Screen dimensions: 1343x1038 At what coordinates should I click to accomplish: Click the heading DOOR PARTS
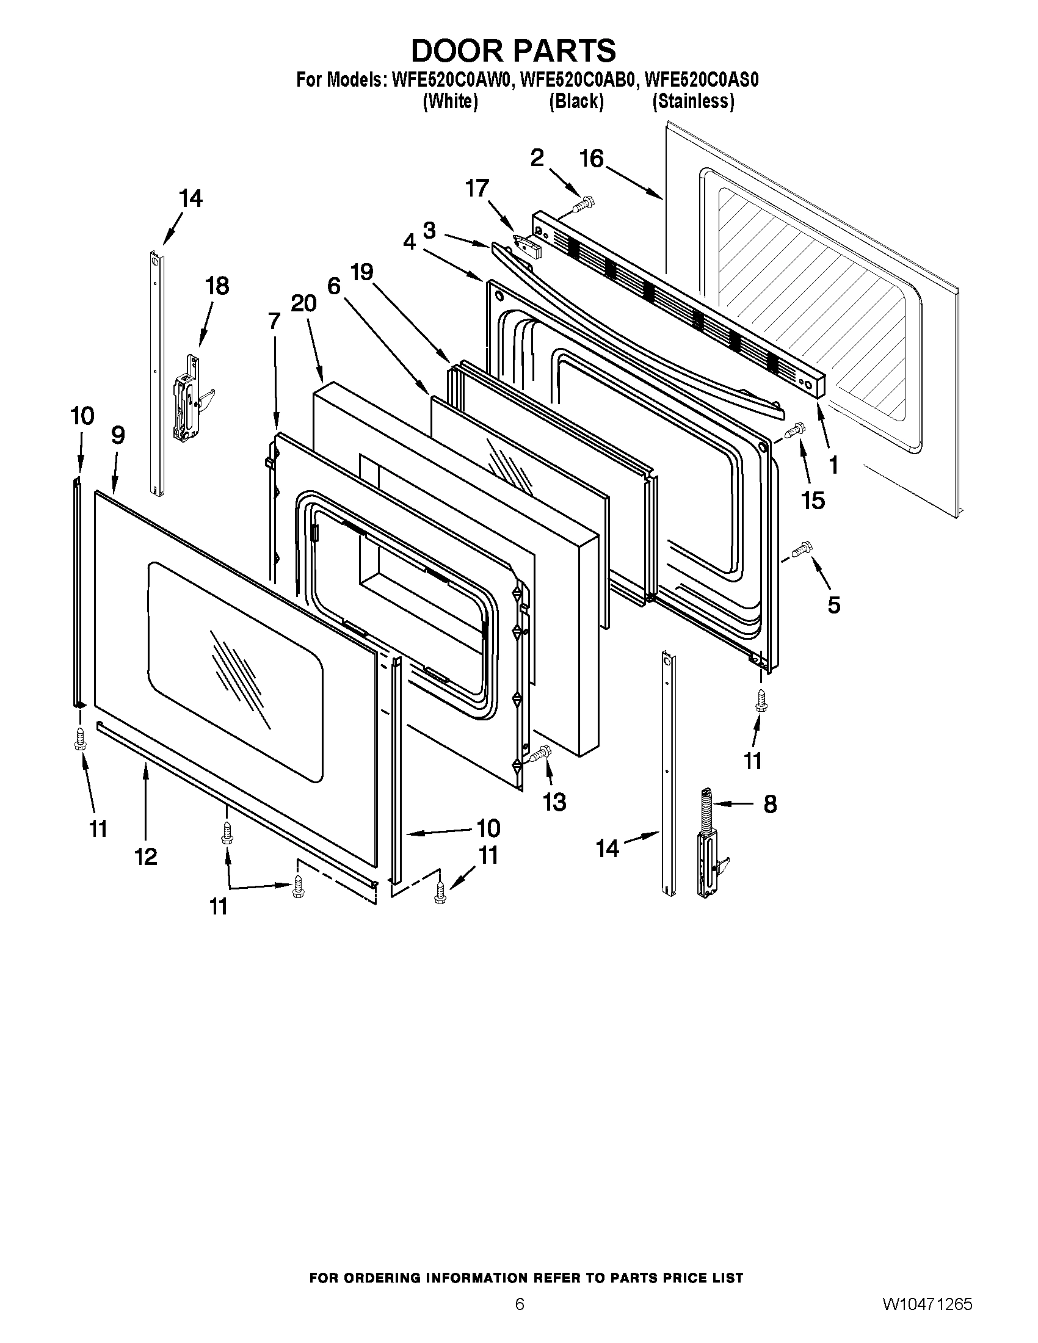point(513,51)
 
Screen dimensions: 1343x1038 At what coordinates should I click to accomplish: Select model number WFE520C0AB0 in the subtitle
point(576,80)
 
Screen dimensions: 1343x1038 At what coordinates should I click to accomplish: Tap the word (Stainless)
point(693,101)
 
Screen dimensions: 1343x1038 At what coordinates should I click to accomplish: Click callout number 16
point(592,159)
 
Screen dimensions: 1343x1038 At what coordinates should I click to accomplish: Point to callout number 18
point(217,285)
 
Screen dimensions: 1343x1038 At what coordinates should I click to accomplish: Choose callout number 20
point(303,303)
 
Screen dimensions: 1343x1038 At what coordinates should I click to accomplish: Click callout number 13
point(554,802)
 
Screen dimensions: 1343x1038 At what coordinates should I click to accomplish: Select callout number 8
point(770,804)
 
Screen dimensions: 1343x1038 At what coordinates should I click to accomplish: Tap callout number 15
point(813,501)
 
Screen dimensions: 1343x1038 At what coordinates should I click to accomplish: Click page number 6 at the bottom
point(520,1319)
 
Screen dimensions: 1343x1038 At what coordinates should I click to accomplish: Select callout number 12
point(147,856)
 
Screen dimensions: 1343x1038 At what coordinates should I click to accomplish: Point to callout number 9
point(118,435)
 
